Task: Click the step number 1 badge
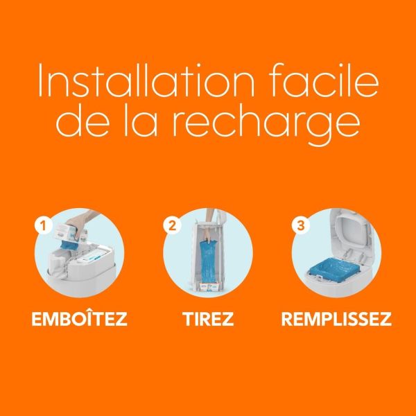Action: click(44, 225)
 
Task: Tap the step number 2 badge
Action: click(171, 225)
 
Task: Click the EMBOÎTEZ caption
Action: click(80, 320)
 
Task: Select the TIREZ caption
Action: click(209, 320)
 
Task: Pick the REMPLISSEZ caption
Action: click(336, 320)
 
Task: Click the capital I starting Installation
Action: click(42, 81)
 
